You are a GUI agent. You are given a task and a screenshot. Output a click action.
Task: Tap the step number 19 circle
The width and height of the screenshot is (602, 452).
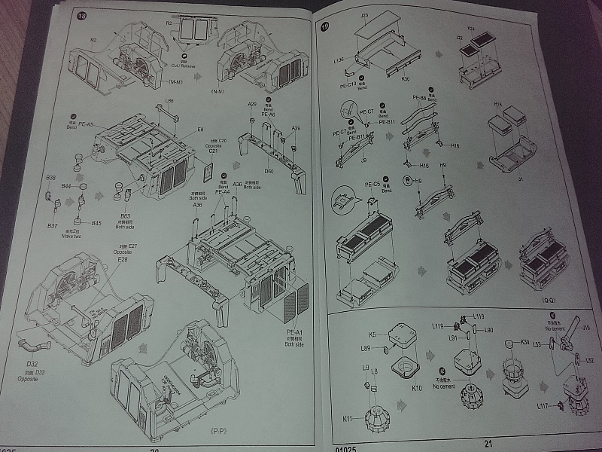[x=325, y=27]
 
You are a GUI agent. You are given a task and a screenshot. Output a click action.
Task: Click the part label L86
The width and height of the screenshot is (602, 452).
[x=169, y=101]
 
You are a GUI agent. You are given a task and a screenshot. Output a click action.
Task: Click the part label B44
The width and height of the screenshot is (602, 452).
[x=66, y=186]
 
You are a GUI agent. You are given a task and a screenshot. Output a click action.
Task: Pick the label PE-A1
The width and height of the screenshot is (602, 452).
[x=293, y=332]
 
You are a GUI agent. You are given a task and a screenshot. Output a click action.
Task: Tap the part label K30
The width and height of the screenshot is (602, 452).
[x=405, y=78]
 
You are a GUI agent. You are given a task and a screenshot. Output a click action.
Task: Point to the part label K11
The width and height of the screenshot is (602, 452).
[x=348, y=417]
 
